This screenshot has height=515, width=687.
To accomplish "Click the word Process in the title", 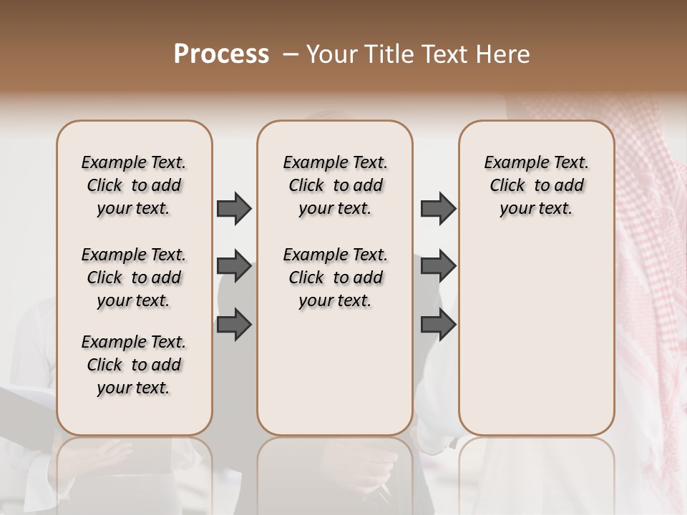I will (221, 54).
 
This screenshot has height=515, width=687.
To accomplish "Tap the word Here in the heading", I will (503, 54).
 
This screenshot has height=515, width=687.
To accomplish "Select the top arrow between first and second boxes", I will (234, 208).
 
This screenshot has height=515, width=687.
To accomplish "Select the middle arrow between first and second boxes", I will (234, 266).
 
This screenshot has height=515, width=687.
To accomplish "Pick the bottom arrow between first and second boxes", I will (234, 324).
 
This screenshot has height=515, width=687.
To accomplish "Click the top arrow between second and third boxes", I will (438, 208).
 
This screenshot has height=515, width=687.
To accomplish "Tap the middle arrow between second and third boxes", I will (438, 266).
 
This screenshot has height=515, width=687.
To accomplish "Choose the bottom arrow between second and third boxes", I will (438, 324).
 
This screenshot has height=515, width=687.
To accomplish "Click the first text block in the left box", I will (134, 185).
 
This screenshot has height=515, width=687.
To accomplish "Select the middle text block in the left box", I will (134, 278).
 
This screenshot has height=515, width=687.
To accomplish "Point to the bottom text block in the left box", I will (134, 365).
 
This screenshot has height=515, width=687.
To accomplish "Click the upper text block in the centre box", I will (335, 185).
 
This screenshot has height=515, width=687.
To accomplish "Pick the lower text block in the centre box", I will (335, 278).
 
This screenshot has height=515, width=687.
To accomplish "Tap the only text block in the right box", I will (536, 185).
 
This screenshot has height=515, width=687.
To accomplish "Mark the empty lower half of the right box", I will (536, 343).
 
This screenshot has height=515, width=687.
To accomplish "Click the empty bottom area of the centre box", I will (335, 379).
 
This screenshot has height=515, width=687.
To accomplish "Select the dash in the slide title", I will (290, 54).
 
